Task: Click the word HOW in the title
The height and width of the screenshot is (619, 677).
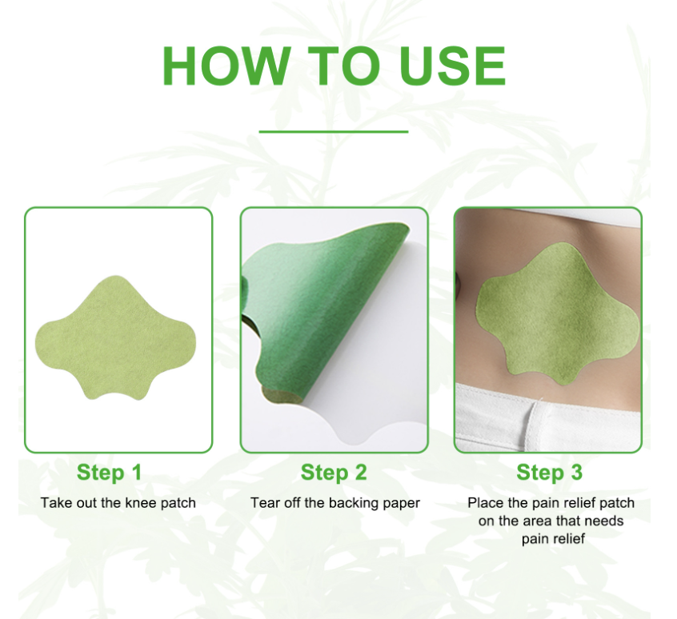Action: [x=226, y=66]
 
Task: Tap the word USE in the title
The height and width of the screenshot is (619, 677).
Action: [x=452, y=66]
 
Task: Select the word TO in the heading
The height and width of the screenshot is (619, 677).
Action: [x=343, y=66]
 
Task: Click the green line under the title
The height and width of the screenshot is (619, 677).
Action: [x=334, y=132]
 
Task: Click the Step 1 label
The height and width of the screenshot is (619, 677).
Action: [x=110, y=472]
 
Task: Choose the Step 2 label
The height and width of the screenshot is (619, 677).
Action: [x=334, y=472]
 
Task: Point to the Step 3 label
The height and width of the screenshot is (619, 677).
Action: [x=549, y=472]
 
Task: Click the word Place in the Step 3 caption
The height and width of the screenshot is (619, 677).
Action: [x=485, y=502]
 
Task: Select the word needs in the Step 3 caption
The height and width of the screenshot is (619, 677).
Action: [x=604, y=521]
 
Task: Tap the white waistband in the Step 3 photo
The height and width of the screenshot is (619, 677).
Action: [x=547, y=416]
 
